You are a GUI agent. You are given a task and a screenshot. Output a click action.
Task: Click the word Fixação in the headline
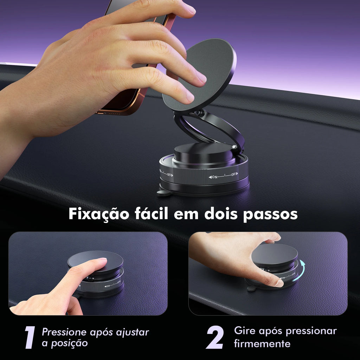pos(99,214)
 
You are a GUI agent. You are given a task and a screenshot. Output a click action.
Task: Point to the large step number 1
pos(30,337)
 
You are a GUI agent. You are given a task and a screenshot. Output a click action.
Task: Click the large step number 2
pos(215,337)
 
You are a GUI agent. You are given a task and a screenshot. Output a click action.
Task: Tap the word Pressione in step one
pos(64,332)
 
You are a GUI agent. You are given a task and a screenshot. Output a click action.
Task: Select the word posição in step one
pos(69,343)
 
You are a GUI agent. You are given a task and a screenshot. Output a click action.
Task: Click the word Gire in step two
pos(244,330)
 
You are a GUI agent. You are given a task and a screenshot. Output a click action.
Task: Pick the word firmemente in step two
pos(262,344)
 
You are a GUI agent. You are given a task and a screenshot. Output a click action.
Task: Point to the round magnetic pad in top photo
pos(199,75)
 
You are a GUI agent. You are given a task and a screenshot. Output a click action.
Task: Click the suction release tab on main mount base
pos(164,193)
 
